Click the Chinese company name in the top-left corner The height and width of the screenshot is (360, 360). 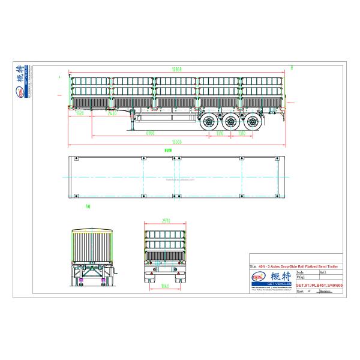click(26, 76)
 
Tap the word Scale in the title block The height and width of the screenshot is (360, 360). click(301, 272)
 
